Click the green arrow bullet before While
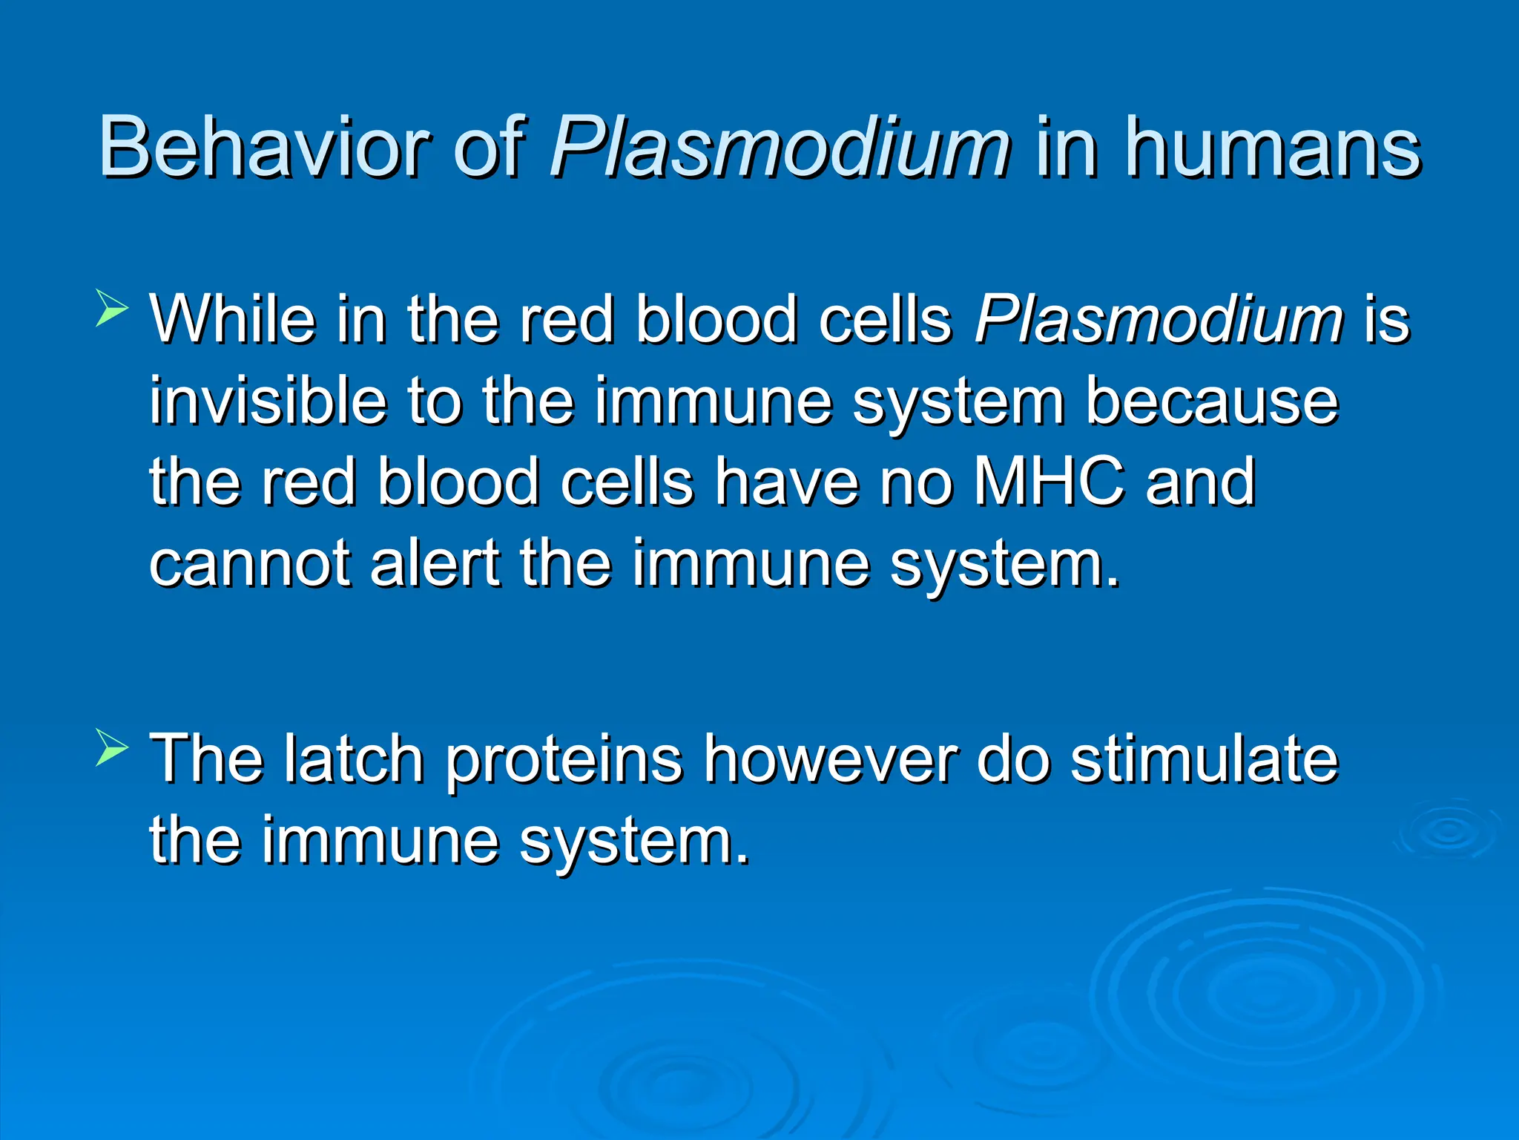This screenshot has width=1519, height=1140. click(112, 309)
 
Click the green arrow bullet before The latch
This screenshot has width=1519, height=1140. click(112, 747)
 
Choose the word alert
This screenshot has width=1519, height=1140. click(435, 564)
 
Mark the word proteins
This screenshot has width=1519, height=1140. click(564, 760)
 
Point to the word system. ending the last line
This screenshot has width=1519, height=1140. click(634, 842)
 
